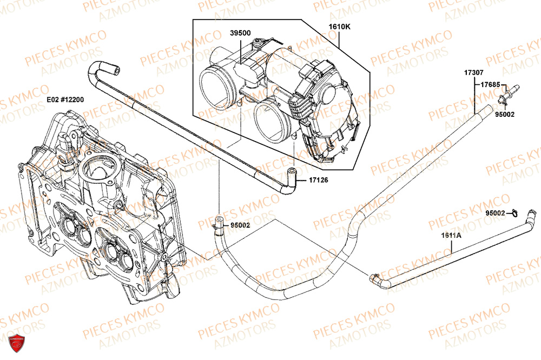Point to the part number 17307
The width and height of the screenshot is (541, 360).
coord(474,72)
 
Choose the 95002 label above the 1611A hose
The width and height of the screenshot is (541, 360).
coord(495,213)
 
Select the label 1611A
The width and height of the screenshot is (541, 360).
coord(451,236)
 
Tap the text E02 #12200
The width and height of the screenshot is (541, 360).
coord(65,99)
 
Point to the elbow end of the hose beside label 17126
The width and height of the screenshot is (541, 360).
coord(292,177)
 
